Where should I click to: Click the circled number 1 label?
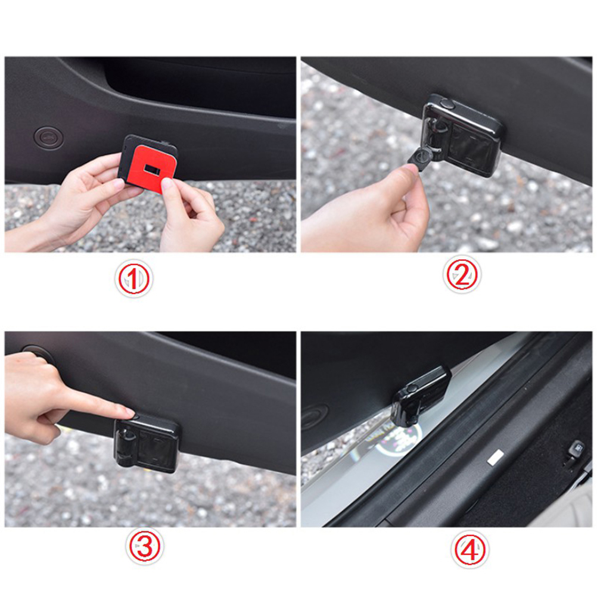coord(133,279)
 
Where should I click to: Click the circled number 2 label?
coord(462,275)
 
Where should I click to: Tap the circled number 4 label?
coord(470,549)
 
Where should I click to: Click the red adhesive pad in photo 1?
coord(150,164)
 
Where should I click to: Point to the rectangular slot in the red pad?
coord(154,169)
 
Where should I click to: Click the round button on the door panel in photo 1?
coord(48,136)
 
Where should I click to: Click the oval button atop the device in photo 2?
coord(446,103)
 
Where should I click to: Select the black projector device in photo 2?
coord(462,135)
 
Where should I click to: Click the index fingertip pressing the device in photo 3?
coord(128,413)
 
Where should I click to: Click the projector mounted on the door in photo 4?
coord(420,396)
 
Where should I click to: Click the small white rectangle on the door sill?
coord(495,456)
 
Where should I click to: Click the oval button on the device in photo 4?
coord(412,388)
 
